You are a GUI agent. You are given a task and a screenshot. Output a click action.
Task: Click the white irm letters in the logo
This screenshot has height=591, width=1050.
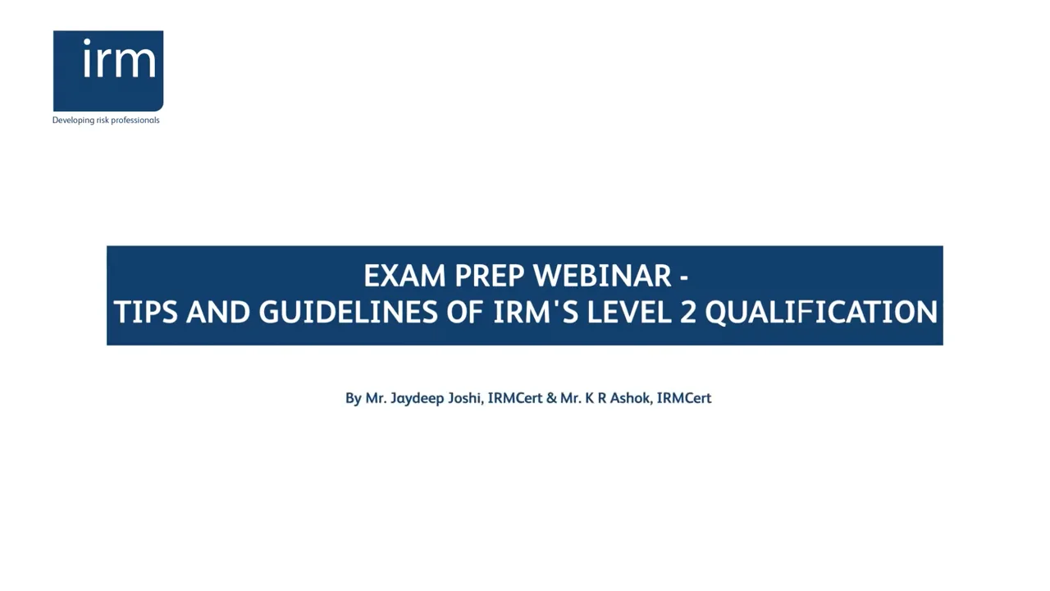coord(119,60)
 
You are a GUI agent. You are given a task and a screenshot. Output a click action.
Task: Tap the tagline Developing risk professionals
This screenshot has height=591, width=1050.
coord(106,120)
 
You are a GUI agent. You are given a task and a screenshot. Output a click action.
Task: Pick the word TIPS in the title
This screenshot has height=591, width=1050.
coord(145,313)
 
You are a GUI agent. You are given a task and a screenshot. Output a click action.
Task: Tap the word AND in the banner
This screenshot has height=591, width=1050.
coord(217,313)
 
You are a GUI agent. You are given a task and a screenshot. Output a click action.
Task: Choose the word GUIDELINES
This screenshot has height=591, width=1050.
coord(348,313)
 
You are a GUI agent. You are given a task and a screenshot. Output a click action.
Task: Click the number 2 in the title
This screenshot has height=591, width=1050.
coord(688,313)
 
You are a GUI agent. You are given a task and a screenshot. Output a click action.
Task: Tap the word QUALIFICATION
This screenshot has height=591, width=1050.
coord(820,313)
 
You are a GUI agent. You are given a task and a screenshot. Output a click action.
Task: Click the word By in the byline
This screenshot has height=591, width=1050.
coord(353,398)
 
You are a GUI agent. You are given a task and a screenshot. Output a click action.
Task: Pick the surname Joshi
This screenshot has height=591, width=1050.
coord(464,398)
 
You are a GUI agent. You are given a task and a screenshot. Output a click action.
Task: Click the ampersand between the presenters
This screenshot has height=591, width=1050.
coord(551,398)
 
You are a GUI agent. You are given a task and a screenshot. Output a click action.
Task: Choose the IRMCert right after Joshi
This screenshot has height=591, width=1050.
coord(515,398)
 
